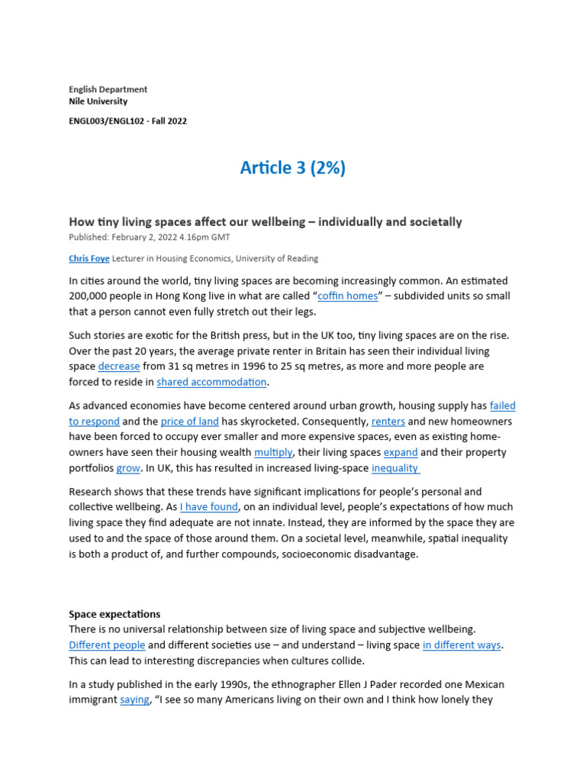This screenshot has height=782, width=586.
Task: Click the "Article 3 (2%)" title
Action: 293,168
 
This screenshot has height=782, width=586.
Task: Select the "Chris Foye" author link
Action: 88,259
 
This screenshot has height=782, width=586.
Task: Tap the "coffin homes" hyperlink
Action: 348,296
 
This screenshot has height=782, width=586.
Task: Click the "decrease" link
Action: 119,367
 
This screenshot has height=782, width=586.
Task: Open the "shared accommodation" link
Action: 211,382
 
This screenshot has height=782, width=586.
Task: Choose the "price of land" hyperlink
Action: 189,422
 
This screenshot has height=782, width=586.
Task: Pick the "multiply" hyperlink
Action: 273,452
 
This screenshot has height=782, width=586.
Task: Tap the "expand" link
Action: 400,452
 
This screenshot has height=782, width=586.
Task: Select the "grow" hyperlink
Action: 128,467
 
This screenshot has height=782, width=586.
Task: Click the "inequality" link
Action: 395,467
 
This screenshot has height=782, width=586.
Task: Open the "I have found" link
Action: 209,507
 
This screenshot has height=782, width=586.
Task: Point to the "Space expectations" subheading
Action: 114,614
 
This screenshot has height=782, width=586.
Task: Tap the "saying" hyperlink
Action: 134,700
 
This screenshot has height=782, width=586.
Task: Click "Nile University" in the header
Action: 98,102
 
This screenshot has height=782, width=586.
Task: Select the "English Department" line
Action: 108,89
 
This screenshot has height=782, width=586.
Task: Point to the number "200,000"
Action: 94,296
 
